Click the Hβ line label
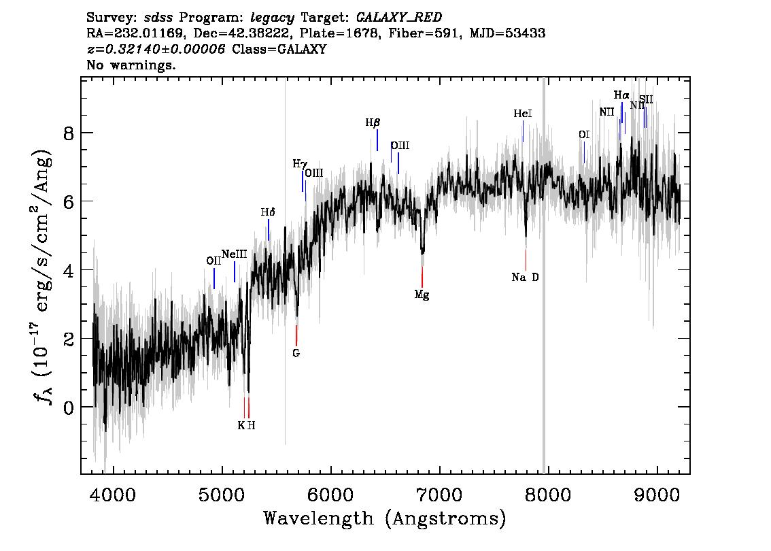coord(373,122)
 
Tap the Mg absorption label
coord(422,295)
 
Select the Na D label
coord(525,277)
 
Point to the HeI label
coord(522,114)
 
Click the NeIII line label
coord(234,254)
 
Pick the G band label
coord(296,353)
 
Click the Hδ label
coord(268,212)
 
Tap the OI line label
coord(583,135)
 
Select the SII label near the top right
coord(645,100)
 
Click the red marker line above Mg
coord(422,276)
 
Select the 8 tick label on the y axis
coord(69,133)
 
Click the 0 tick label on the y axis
coord(69,407)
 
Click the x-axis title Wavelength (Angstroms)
coord(385,519)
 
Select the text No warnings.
coord(131,66)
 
